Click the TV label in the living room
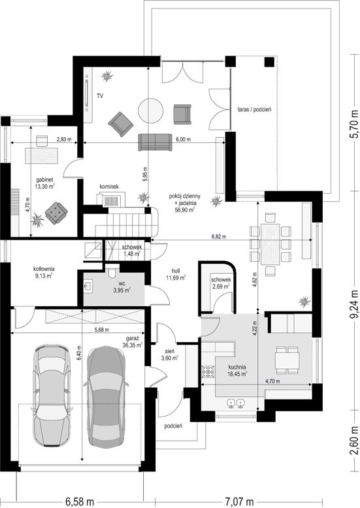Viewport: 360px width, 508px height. pos(100,96)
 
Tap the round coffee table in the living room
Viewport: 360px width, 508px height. pos(150,111)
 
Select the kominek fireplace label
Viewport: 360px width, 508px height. pos(109,187)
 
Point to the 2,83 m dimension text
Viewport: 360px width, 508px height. pos(63,140)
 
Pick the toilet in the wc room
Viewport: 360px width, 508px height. pos(112,272)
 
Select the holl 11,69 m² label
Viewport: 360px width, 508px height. pos(176,274)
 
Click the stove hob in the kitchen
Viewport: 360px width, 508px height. pos(208,372)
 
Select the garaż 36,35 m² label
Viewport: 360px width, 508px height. pos(132,341)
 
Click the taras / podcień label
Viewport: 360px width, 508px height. pos(254,109)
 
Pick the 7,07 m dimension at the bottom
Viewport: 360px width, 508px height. pos(239,502)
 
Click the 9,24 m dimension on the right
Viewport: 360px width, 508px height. pos(355,306)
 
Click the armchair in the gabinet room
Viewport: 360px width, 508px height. pos(56,212)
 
